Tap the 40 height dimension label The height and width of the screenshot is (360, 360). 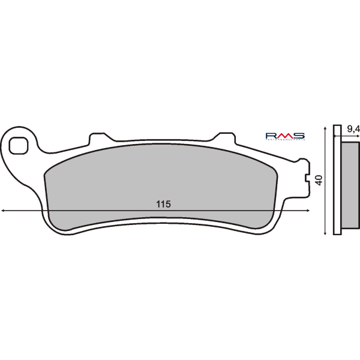tap(319, 179)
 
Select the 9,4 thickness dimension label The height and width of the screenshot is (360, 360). tap(353, 129)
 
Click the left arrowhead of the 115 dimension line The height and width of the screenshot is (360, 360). tap(4, 211)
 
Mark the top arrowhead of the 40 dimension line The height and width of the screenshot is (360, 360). tap(325, 128)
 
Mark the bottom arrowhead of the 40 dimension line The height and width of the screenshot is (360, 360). tap(325, 232)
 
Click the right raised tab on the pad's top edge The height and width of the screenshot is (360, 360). tap(225, 138)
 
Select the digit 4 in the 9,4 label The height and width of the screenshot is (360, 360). tap(357, 129)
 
